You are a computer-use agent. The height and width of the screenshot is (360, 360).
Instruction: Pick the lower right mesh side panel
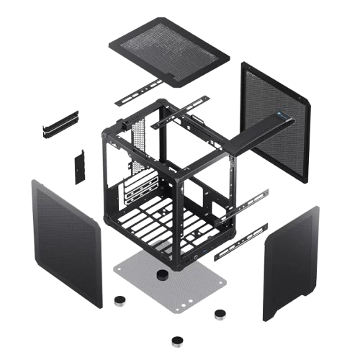click(292, 264)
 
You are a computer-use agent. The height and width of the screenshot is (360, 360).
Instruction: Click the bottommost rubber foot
click(176, 340)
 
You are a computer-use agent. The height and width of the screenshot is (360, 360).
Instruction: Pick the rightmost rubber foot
click(220, 314)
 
